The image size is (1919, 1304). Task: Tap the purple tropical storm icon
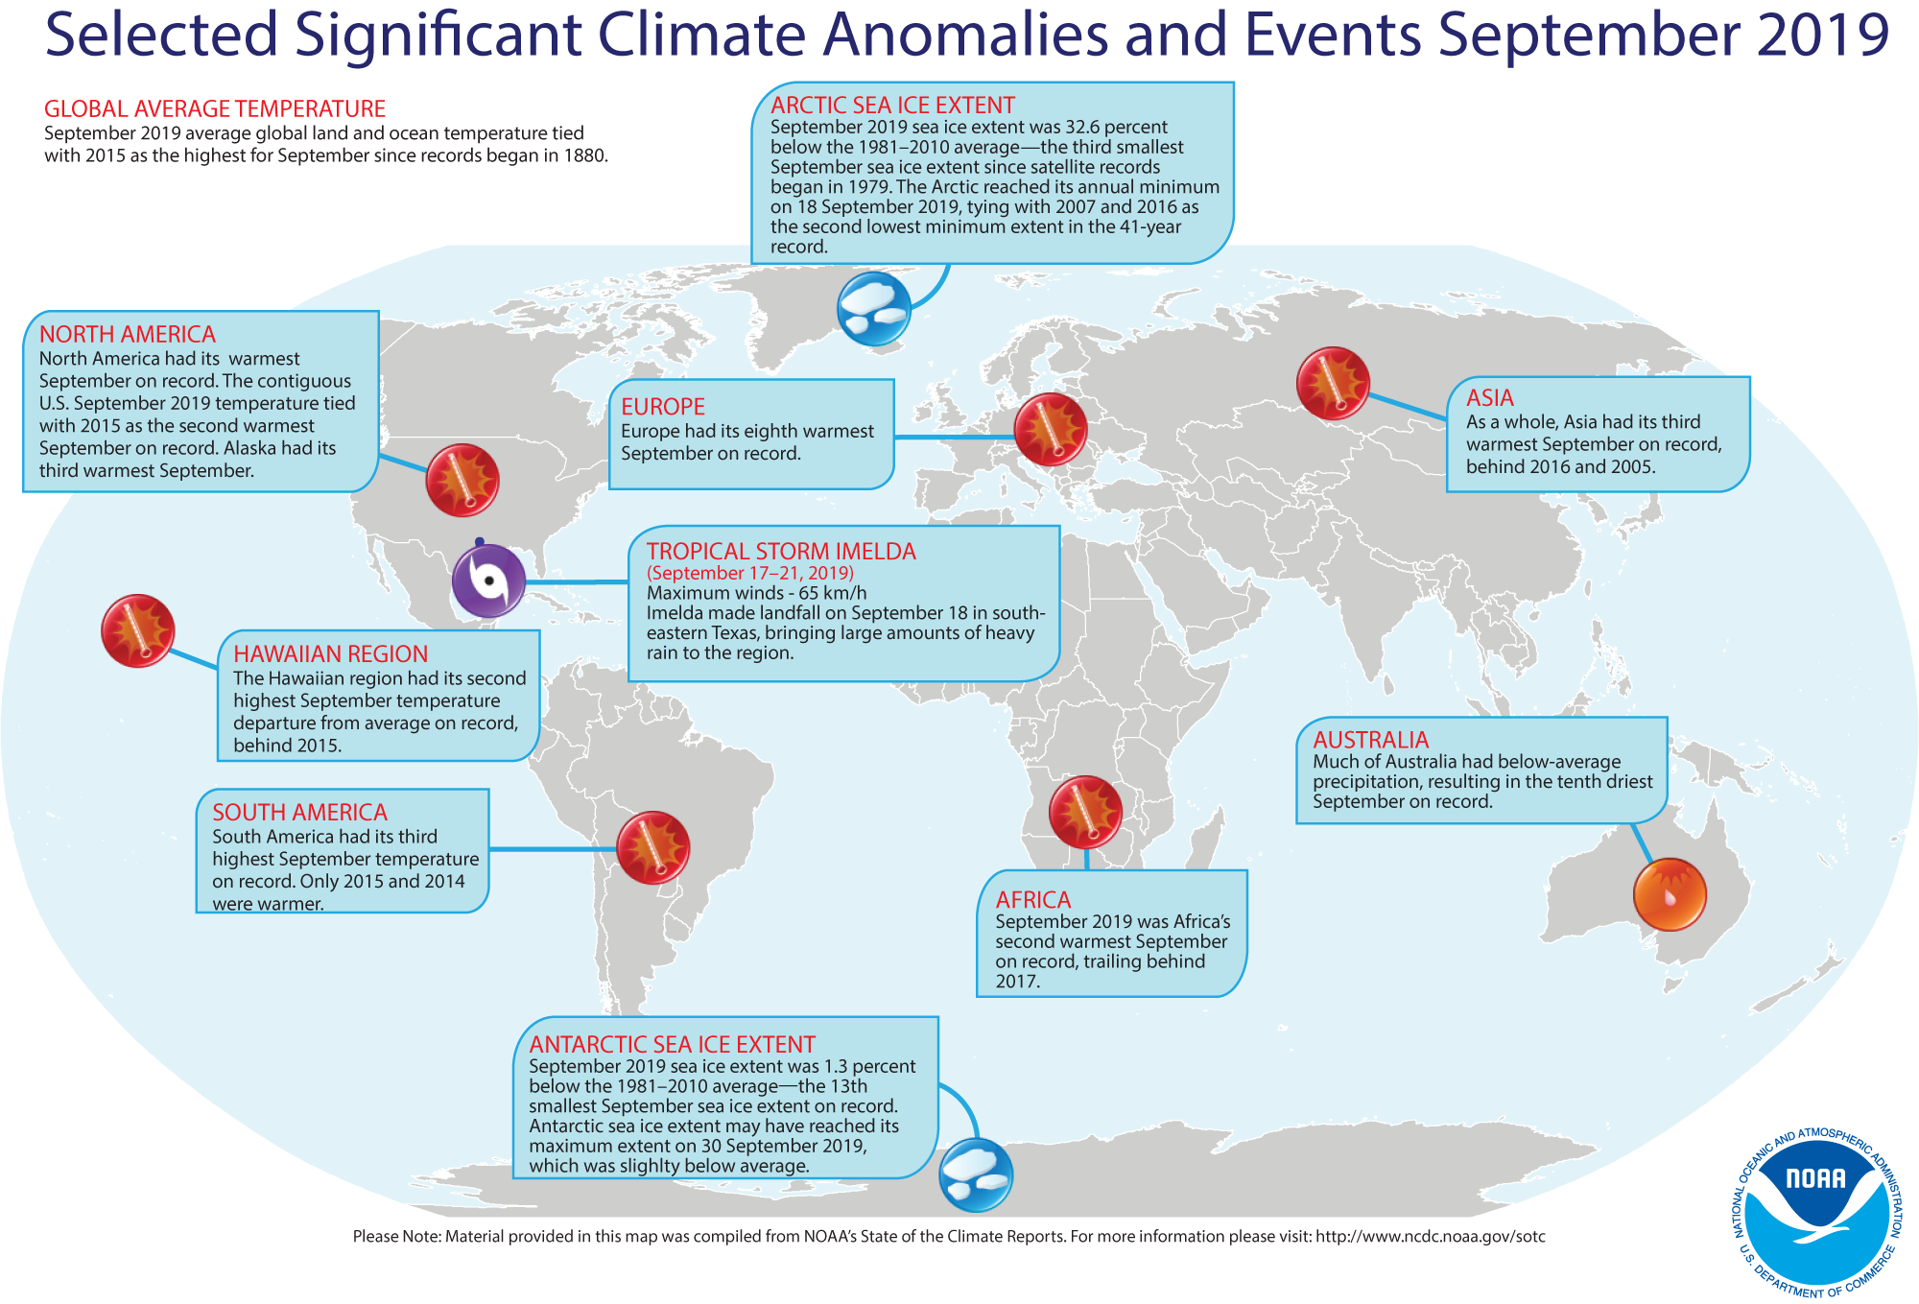click(x=488, y=581)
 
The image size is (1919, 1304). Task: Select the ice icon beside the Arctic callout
click(x=873, y=308)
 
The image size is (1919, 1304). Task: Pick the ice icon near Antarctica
click(x=975, y=1174)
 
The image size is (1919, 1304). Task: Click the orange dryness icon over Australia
click(x=1670, y=894)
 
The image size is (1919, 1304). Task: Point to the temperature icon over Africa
click(x=1085, y=812)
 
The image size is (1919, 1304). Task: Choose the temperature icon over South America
click(x=652, y=847)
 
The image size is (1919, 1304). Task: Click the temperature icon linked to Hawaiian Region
click(x=138, y=630)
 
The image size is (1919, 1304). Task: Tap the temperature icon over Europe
click(x=1051, y=429)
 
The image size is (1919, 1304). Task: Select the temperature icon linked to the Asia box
click(x=1333, y=383)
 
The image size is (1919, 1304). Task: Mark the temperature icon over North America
click(x=462, y=480)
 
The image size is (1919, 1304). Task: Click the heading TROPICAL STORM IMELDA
click(x=781, y=552)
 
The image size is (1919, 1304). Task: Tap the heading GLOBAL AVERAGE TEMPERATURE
click(x=215, y=109)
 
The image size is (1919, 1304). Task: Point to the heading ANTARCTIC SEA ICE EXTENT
click(x=672, y=1044)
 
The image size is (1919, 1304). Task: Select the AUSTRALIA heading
click(x=1370, y=740)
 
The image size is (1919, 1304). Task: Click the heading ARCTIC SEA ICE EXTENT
click(x=892, y=106)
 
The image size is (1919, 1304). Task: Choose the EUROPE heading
click(x=663, y=407)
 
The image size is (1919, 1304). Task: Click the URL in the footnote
click(x=1430, y=1237)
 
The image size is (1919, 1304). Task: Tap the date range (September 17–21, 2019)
click(x=750, y=573)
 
